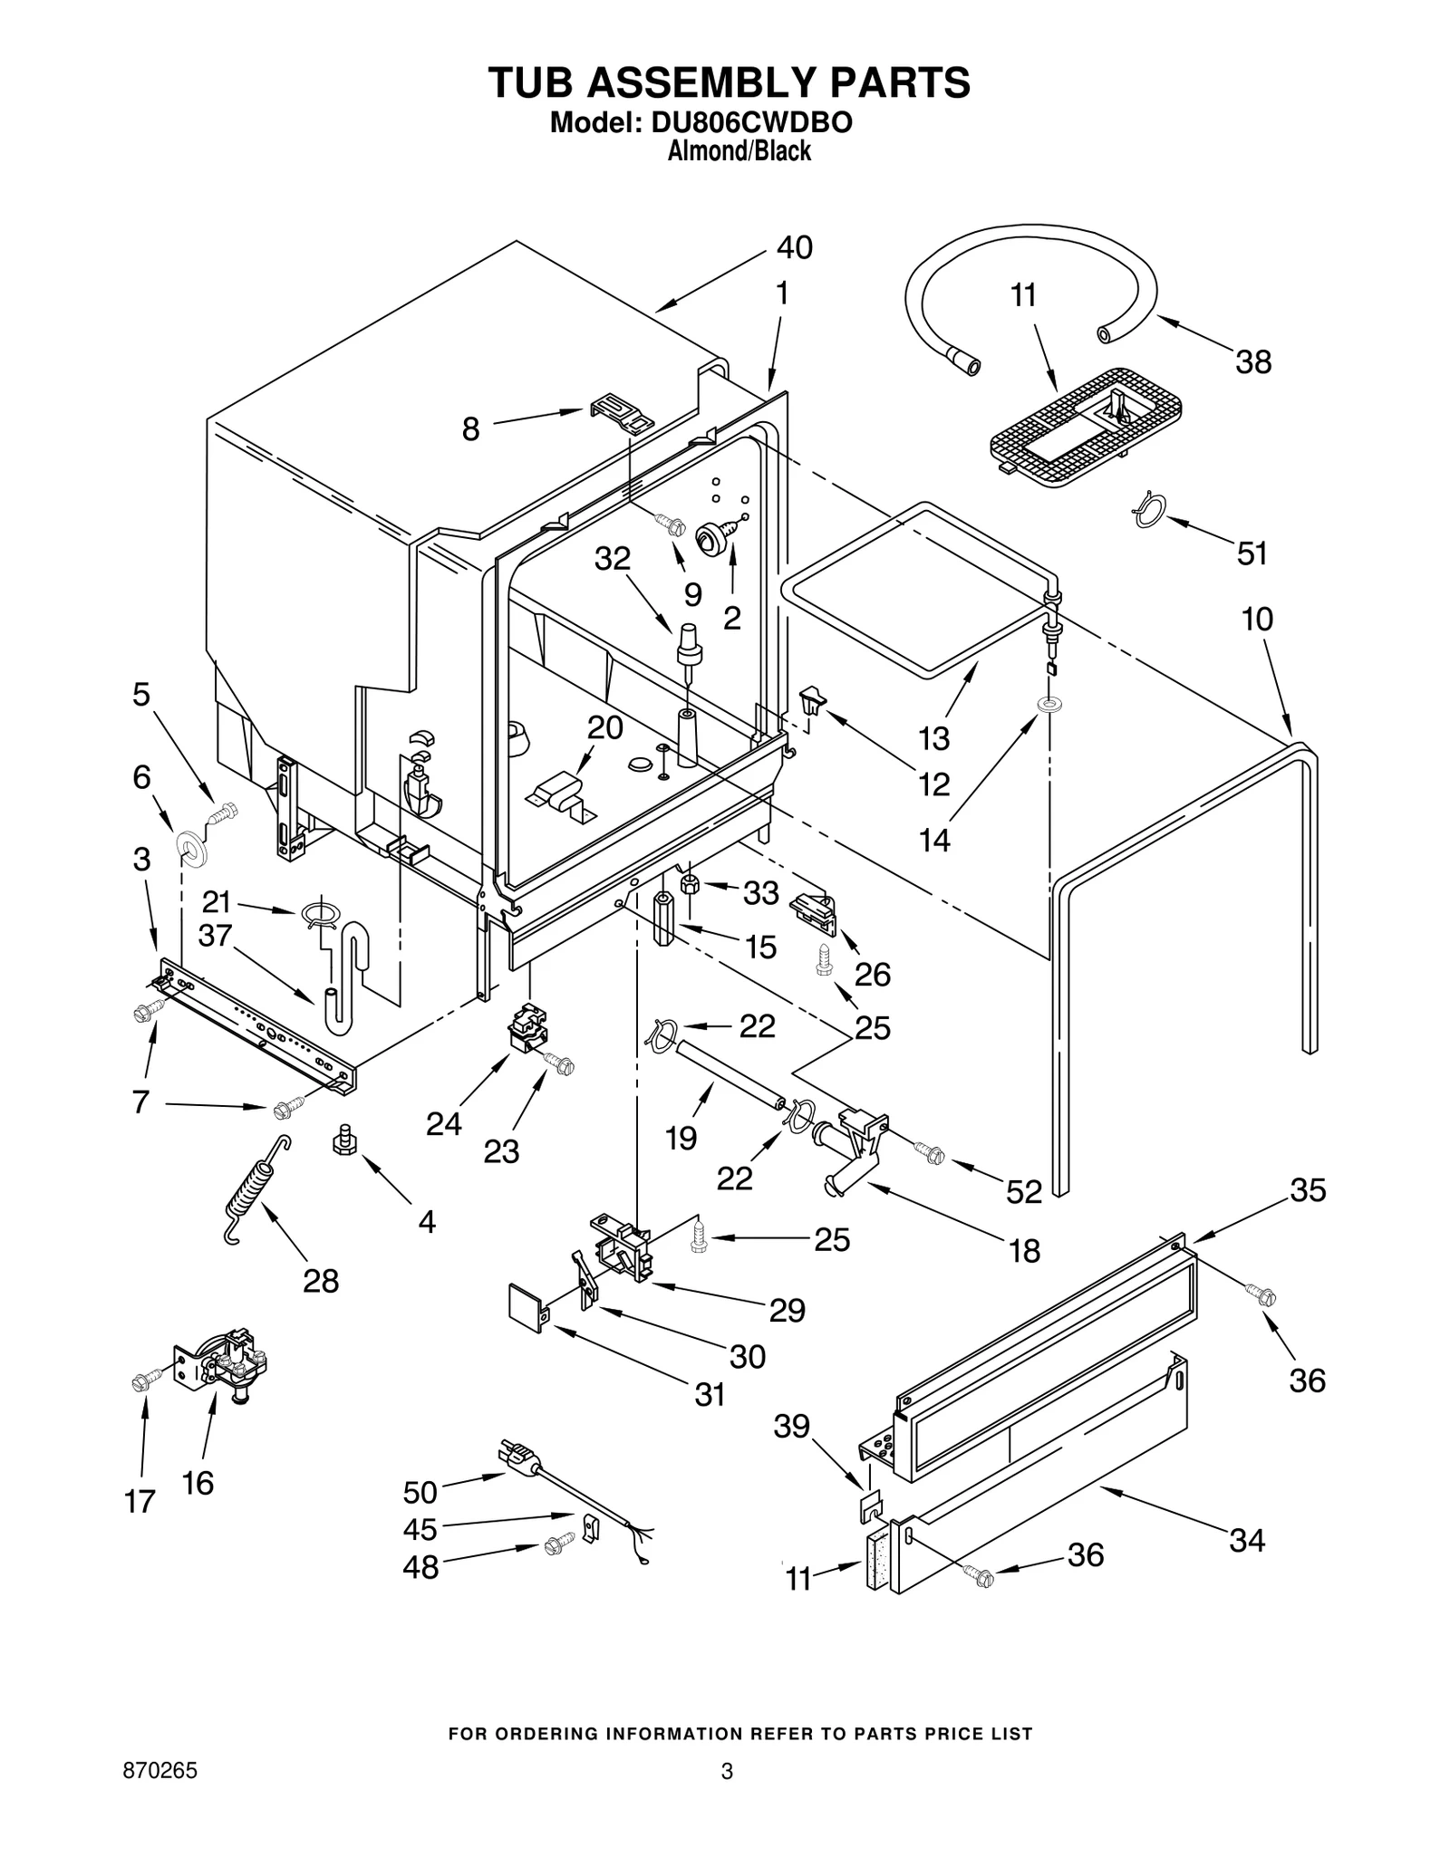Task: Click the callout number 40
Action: tap(794, 247)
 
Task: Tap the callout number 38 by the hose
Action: tap(1253, 362)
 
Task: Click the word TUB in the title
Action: tap(533, 82)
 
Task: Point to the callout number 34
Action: tap(1246, 1540)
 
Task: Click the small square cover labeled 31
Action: tap(525, 1304)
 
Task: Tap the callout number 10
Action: tap(1257, 620)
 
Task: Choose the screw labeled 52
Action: tap(929, 1153)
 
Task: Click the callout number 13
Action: tap(933, 738)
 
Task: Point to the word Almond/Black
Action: tap(739, 151)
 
